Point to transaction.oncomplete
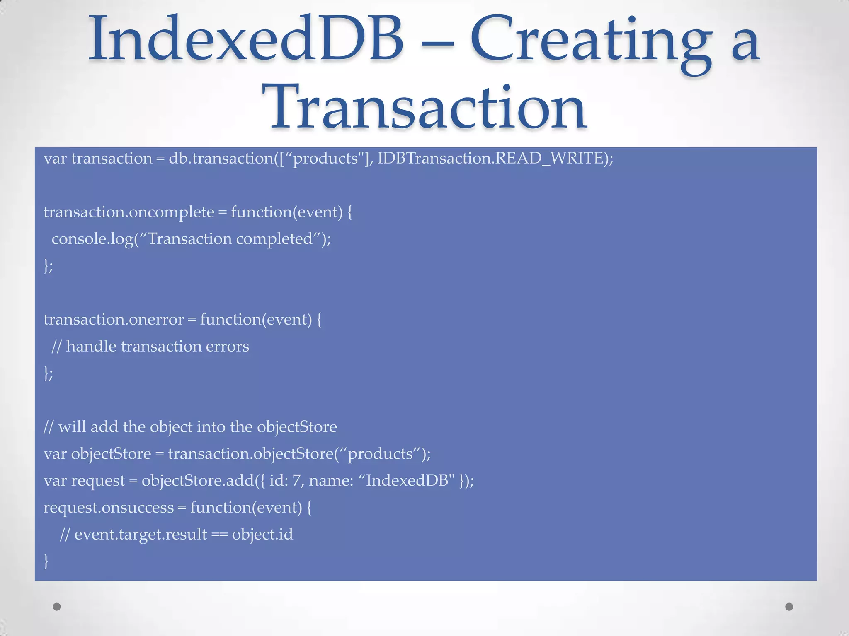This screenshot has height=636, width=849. coord(129,212)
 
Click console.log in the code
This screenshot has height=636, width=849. coord(92,239)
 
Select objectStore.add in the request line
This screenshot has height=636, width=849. coord(197,481)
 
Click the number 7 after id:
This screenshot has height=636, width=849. coord(296,481)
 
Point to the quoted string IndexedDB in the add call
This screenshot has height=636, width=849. coord(406,481)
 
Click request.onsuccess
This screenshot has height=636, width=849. coord(109,508)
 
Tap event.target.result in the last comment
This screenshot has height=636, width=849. coord(141,535)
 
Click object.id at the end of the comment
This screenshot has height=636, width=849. coord(262,535)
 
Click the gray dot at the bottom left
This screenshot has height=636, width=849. coord(57,607)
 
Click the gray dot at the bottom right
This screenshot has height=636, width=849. coord(789,607)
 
